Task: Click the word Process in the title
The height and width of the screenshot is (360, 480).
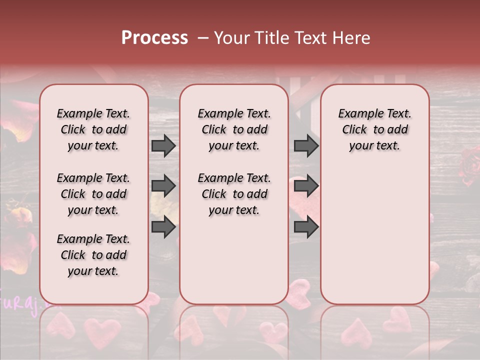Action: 154,38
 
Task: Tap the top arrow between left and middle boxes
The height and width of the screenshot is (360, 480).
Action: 163,146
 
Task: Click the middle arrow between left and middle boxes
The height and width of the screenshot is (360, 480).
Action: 163,186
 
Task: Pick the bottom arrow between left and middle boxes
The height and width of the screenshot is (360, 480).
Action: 163,226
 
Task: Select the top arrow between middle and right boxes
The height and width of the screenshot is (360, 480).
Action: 306,146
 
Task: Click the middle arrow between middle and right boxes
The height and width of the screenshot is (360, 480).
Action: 306,186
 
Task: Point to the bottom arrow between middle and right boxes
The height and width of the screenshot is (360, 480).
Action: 306,226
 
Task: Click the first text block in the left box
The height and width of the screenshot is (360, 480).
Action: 93,129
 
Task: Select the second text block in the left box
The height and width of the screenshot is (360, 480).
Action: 93,194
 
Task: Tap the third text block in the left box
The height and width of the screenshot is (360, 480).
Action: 93,255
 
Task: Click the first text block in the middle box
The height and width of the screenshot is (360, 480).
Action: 234,129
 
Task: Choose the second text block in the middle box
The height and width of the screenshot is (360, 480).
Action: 234,194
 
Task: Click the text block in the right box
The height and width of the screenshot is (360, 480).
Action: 374,129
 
